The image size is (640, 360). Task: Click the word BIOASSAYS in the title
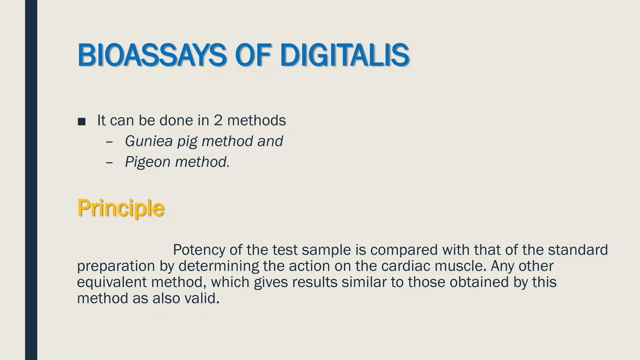[x=152, y=55]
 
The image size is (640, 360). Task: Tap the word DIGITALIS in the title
[x=344, y=55]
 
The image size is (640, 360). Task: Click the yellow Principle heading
[x=121, y=208]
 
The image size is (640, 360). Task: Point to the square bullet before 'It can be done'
[x=82, y=121]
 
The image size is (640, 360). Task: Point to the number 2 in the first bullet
[x=218, y=120]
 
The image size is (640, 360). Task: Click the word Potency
[x=199, y=250]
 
